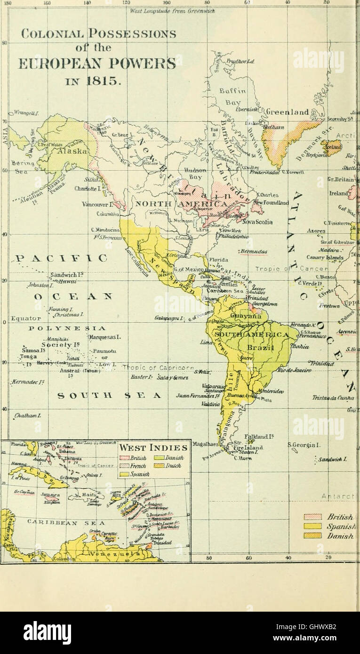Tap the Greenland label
click(287, 112)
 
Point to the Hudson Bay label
click(194, 174)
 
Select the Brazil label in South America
click(262, 347)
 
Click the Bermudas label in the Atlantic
click(253, 251)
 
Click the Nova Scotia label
click(257, 222)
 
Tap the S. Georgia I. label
click(304, 444)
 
